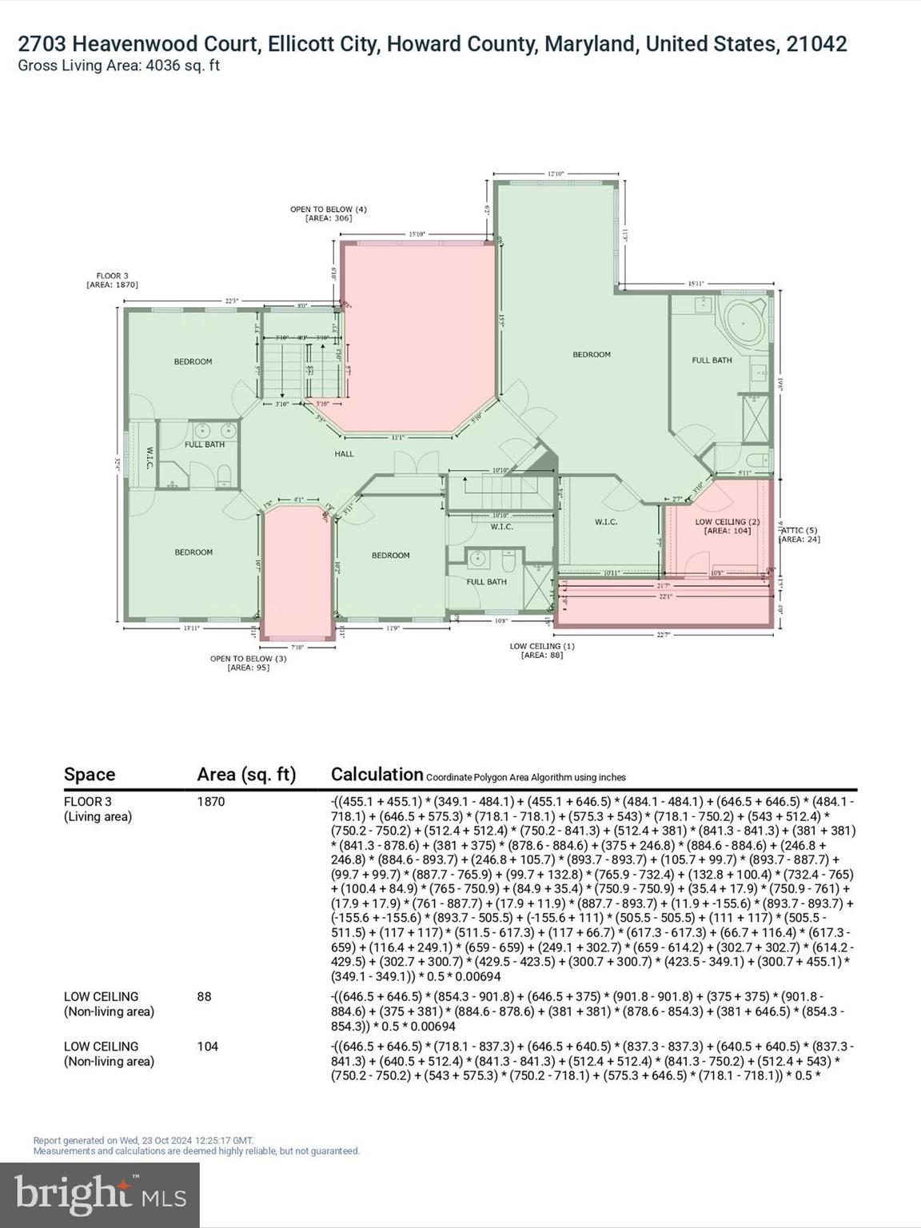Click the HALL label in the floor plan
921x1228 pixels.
(344, 454)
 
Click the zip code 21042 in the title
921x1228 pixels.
(816, 44)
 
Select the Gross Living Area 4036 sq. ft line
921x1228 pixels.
(118, 66)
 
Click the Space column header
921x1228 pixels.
(90, 775)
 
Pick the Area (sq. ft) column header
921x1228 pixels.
(246, 775)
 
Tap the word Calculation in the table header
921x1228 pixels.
(377, 774)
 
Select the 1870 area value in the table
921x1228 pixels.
(211, 802)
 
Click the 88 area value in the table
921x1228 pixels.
(205, 997)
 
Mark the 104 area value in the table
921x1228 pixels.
(208, 1047)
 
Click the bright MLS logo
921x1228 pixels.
(100, 1194)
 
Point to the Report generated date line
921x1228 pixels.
(144, 1141)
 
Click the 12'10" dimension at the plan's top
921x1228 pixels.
(556, 173)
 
